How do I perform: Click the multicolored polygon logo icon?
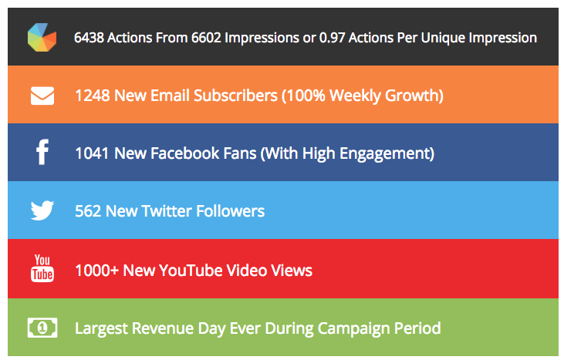(x=42, y=37)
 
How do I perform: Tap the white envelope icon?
(x=42, y=96)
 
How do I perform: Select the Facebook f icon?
(x=42, y=152)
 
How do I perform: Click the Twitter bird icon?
(x=42, y=210)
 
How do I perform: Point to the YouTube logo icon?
(x=42, y=268)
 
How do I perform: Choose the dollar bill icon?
(x=42, y=328)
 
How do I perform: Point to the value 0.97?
(x=333, y=38)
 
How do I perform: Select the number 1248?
(x=93, y=96)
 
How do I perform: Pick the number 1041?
(x=92, y=153)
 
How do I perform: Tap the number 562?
(x=88, y=211)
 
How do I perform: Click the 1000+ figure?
(x=96, y=271)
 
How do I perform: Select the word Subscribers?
(x=235, y=96)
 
